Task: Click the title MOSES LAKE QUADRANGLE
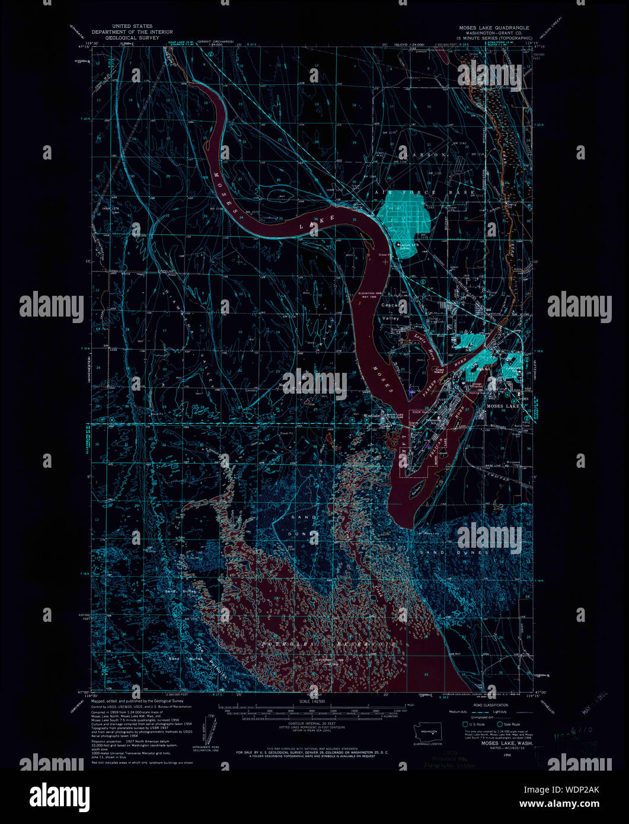tap(493, 28)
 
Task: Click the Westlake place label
tap(371, 415)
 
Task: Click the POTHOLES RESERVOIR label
tap(328, 643)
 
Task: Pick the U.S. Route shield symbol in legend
tap(465, 724)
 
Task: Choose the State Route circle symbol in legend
tap(499, 724)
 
